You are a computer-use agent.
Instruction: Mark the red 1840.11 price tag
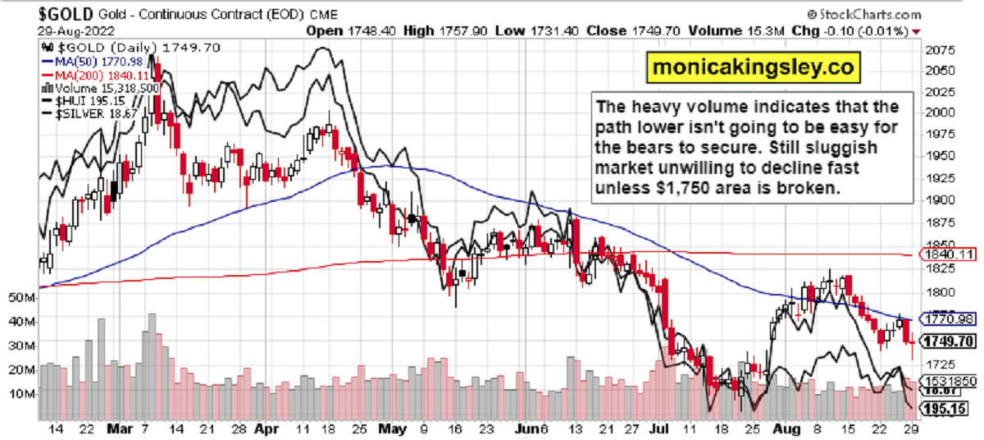click(947, 255)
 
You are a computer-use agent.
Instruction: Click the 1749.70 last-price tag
click(948, 341)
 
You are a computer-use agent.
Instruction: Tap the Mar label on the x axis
click(114, 428)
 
